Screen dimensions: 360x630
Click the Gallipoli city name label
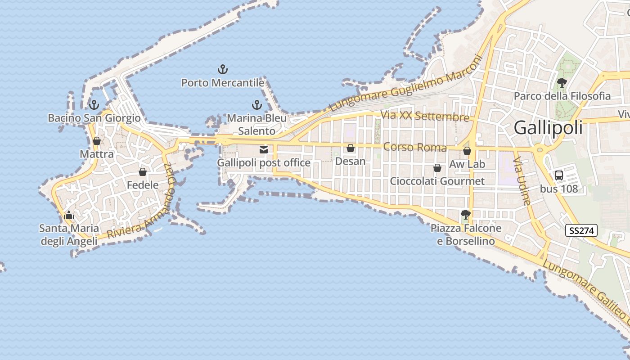pos(548,128)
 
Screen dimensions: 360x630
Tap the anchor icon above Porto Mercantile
pos(223,69)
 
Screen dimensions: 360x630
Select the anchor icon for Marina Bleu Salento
pos(256,105)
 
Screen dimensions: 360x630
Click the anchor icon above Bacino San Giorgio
pos(94,105)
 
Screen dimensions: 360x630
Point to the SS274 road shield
pos(581,231)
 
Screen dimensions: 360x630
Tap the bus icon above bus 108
pos(559,175)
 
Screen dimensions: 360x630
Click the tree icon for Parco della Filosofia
pos(562,82)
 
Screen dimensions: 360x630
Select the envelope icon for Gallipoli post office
pos(264,150)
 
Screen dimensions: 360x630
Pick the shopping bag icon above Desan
pos(351,148)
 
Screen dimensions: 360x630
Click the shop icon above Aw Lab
pos(467,151)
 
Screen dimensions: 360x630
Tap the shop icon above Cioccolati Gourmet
pos(437,168)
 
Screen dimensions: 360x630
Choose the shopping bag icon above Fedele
pos(143,172)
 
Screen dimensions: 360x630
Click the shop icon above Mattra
pos(97,141)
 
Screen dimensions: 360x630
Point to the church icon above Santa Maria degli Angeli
pos(69,215)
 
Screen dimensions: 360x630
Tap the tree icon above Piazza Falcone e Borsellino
pos(466,215)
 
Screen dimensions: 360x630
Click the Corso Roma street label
pos(415,148)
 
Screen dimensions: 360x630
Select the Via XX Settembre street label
pos(425,116)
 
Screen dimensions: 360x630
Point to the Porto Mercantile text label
pos(223,83)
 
